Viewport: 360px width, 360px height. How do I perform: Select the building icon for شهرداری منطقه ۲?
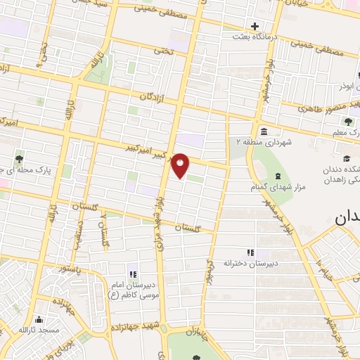coord(263,131)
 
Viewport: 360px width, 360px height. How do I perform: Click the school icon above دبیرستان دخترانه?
coord(250,252)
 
